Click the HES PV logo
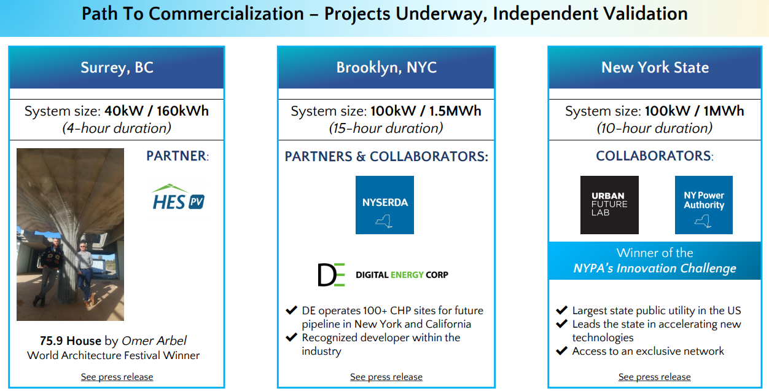pyautogui.click(x=178, y=197)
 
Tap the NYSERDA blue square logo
pyautogui.click(x=384, y=205)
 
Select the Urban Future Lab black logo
pyautogui.click(x=609, y=205)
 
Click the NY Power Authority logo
pyautogui.click(x=704, y=205)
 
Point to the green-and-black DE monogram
pyautogui.click(x=331, y=275)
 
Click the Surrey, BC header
pyautogui.click(x=117, y=68)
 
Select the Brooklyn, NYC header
pyautogui.click(x=386, y=68)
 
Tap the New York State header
pyautogui.click(x=655, y=68)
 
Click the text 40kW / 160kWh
pyautogui.click(x=157, y=111)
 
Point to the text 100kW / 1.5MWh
pyautogui.click(x=426, y=111)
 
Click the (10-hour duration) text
pyautogui.click(x=654, y=128)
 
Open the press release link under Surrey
pyautogui.click(x=117, y=377)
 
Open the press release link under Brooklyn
pyautogui.click(x=386, y=377)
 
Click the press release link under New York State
pyautogui.click(x=654, y=377)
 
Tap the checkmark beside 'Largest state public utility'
pyautogui.click(x=561, y=310)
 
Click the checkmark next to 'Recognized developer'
pyautogui.click(x=291, y=337)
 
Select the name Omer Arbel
pyautogui.click(x=154, y=341)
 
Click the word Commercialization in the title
pyautogui.click(x=226, y=14)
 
